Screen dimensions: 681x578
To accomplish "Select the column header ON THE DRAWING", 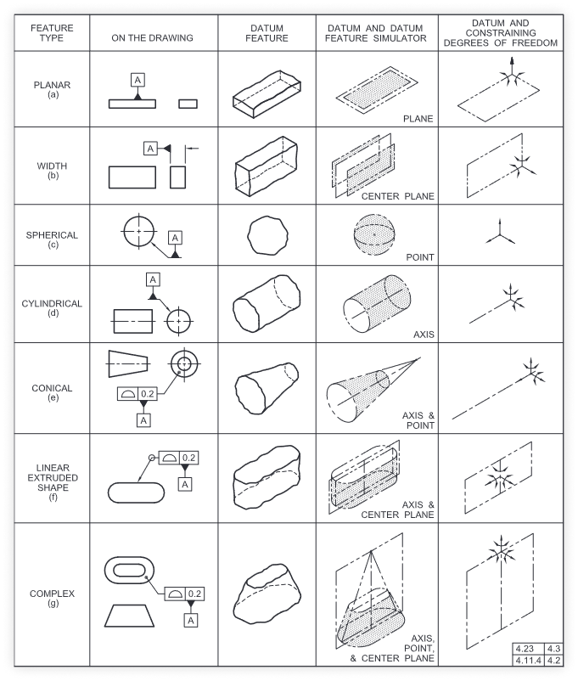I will click(153, 38).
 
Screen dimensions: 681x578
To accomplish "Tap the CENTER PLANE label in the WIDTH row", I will click(397, 196).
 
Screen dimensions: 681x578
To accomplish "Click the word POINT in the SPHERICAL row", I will click(419, 256).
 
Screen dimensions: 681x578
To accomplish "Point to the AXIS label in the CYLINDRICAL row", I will click(424, 334).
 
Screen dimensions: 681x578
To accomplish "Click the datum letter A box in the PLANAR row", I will click(137, 80).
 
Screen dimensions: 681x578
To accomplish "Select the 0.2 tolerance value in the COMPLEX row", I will click(195, 593).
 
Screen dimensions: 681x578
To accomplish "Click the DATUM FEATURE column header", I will click(267, 33).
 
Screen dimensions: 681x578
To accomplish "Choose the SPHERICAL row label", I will click(52, 239).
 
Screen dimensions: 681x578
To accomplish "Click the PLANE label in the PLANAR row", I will click(418, 119).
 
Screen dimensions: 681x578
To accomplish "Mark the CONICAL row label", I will click(52, 392).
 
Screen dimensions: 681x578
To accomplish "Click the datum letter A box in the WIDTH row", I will click(150, 149).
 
